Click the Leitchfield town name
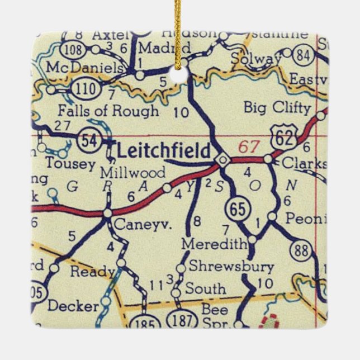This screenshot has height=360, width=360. click(x=163, y=150)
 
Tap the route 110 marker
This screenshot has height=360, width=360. click(x=83, y=88)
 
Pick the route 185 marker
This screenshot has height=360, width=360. click(x=145, y=324)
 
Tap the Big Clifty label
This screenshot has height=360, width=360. click(x=277, y=107)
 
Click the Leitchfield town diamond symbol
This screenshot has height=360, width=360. click(x=222, y=160)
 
